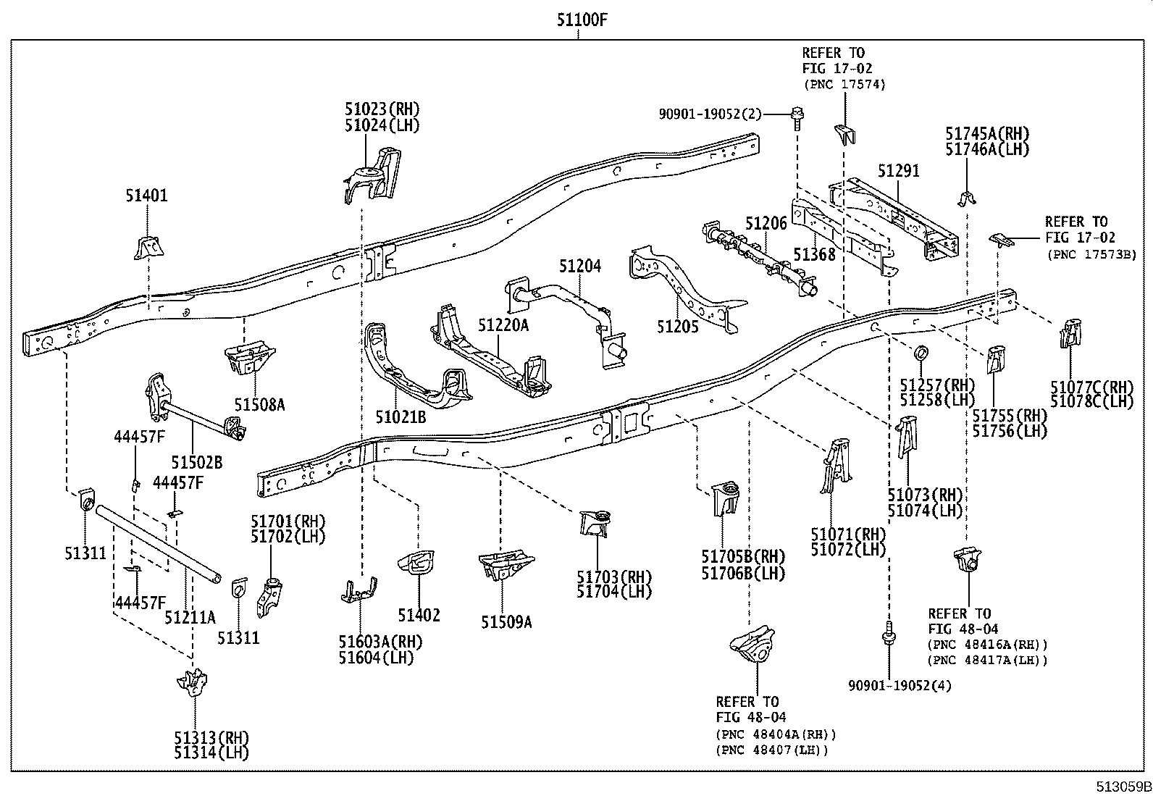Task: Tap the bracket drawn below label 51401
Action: (146, 248)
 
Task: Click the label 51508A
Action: (259, 405)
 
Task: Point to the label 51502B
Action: (197, 462)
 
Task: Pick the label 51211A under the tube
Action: (190, 618)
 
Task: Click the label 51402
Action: (418, 616)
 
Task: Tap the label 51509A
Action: (506, 622)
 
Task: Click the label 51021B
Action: (401, 417)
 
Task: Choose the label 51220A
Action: (503, 326)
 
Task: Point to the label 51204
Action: (579, 267)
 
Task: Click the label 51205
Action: (678, 327)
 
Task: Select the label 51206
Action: (767, 223)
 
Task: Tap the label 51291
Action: (898, 171)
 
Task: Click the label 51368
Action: (814, 255)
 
